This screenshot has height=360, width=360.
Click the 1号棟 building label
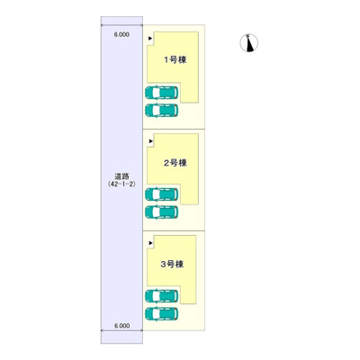(x=175, y=59)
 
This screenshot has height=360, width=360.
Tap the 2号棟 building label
(x=175, y=163)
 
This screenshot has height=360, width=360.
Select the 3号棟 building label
(x=172, y=265)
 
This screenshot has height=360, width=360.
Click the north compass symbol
(x=249, y=43)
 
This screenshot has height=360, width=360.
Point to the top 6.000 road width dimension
(x=121, y=34)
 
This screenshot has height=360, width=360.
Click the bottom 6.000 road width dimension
(x=122, y=326)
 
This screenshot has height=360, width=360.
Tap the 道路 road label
(x=121, y=176)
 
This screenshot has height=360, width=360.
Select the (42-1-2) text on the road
(x=121, y=184)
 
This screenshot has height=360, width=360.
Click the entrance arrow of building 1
(x=151, y=38)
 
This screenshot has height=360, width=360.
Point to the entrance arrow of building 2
(x=151, y=140)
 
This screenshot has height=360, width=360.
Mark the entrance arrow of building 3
(x=151, y=243)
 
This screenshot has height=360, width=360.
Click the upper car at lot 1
(x=161, y=93)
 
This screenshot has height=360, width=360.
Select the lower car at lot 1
(x=161, y=110)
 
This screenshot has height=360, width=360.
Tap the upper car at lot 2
(x=161, y=194)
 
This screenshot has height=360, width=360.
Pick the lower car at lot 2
(x=161, y=212)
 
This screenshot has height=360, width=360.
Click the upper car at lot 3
(x=161, y=296)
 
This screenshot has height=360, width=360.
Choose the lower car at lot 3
(x=161, y=314)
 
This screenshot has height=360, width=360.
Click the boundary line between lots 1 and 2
(x=174, y=129)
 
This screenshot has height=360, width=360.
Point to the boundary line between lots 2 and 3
(x=174, y=230)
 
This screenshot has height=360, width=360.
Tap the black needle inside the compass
(x=249, y=44)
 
